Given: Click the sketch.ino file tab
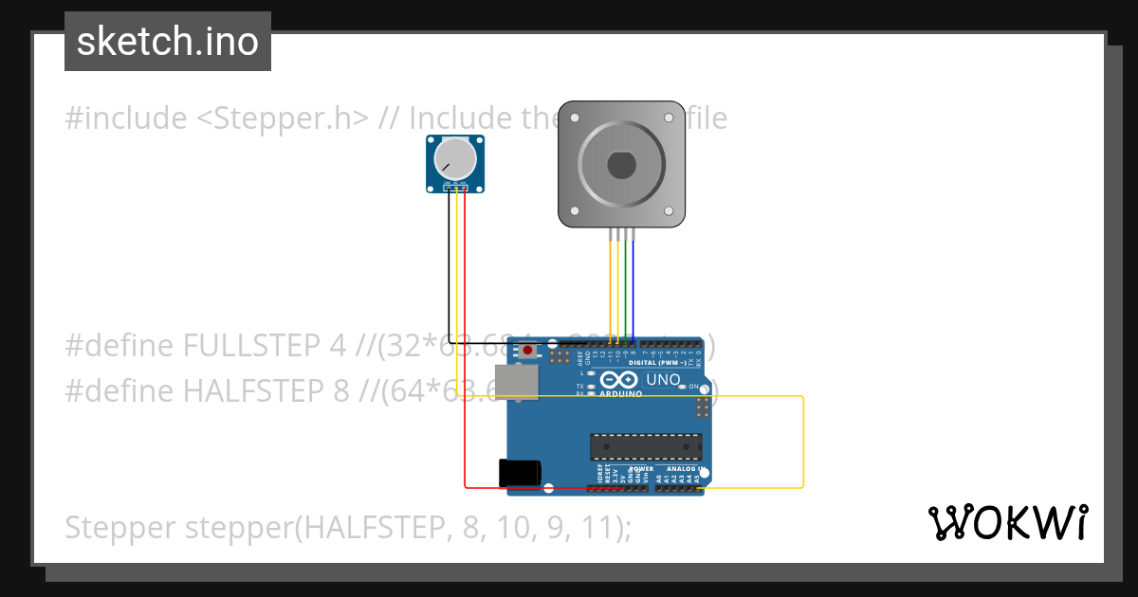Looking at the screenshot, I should (168, 42).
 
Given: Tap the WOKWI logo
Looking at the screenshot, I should (1008, 522).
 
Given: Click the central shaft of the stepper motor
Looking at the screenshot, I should (621, 164).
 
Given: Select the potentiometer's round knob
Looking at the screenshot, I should (456, 158).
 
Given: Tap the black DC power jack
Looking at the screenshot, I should (520, 473).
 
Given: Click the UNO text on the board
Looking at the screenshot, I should (663, 379).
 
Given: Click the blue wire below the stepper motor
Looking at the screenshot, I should (634, 284).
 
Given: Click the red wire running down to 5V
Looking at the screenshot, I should (465, 360).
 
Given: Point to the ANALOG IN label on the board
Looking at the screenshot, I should (683, 469).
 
